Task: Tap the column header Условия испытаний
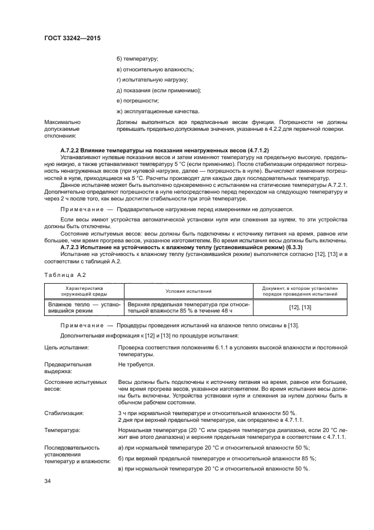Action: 189,291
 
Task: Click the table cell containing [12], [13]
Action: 299,307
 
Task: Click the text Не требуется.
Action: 136,365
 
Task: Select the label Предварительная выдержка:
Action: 68,368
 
